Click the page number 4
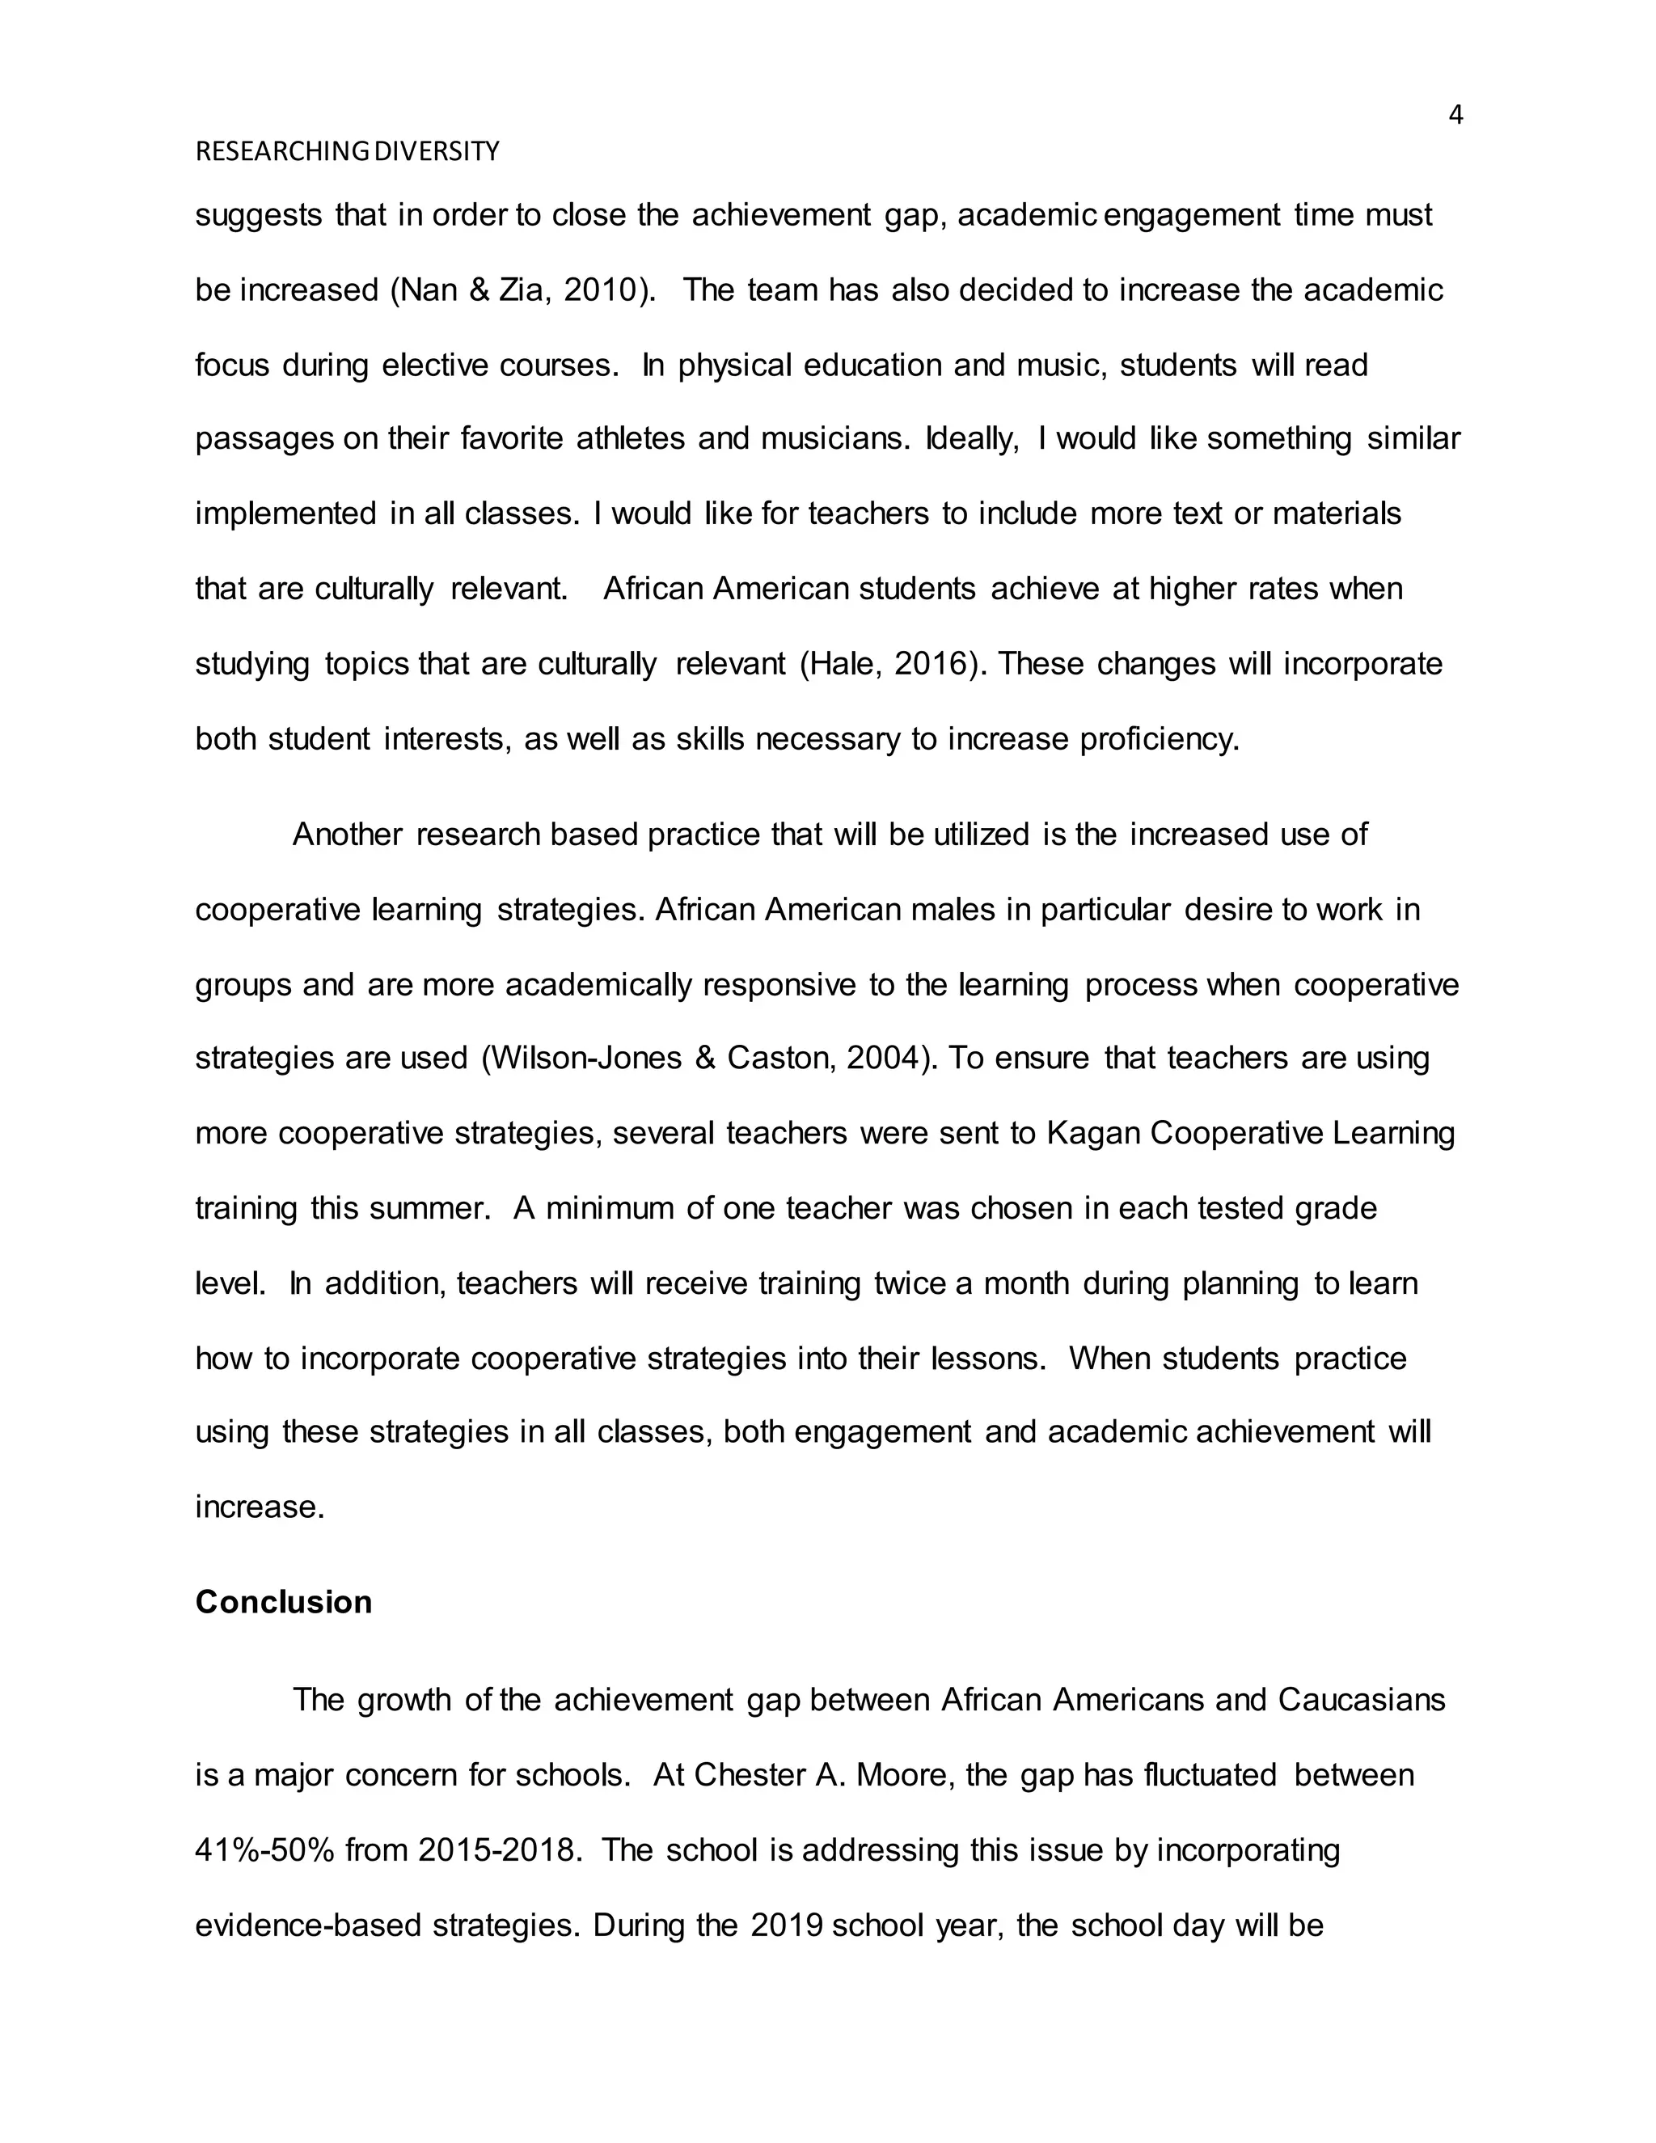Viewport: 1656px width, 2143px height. click(1455, 116)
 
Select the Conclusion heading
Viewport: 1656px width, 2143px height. click(284, 1601)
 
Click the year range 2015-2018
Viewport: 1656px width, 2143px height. click(496, 1849)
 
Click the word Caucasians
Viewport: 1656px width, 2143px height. click(1362, 1700)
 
